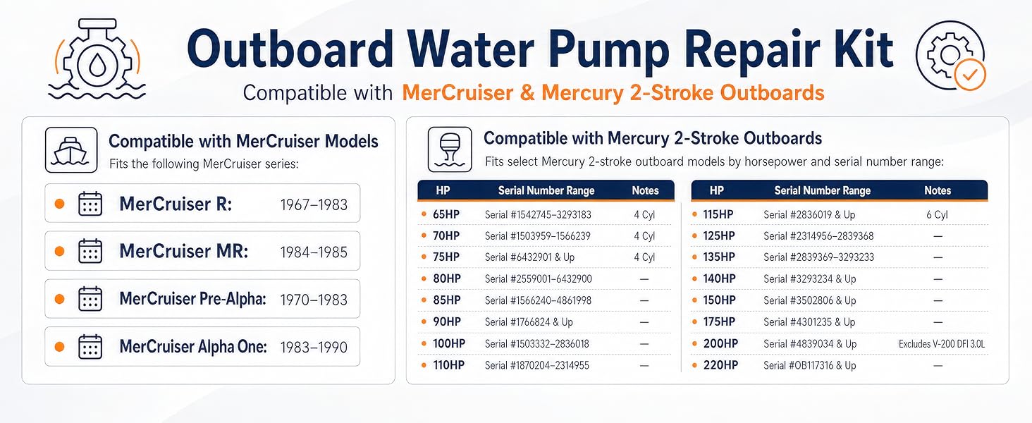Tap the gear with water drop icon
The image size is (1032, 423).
(x=97, y=59)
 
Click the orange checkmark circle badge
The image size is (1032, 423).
(x=970, y=75)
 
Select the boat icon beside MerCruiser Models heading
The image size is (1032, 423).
(x=71, y=150)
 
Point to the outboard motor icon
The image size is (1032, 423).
(x=450, y=149)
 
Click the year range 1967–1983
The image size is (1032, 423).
(x=314, y=204)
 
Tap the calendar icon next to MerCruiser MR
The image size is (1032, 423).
(x=90, y=251)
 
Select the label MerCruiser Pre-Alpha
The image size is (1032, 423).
(x=192, y=299)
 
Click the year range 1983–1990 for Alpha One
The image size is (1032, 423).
(x=314, y=347)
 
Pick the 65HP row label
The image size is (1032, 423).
(x=446, y=214)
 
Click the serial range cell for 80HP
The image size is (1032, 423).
(x=538, y=278)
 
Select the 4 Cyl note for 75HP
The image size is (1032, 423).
(x=644, y=257)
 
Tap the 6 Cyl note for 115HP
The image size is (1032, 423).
(x=937, y=214)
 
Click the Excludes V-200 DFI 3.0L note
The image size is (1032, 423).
(x=942, y=344)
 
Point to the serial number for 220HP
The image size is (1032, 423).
(x=809, y=365)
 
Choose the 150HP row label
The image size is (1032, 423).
(x=719, y=300)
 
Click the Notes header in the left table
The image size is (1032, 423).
(x=645, y=190)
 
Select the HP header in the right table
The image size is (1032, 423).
(x=716, y=190)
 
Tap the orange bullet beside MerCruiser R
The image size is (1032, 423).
(x=59, y=204)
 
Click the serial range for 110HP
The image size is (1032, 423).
(x=536, y=365)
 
